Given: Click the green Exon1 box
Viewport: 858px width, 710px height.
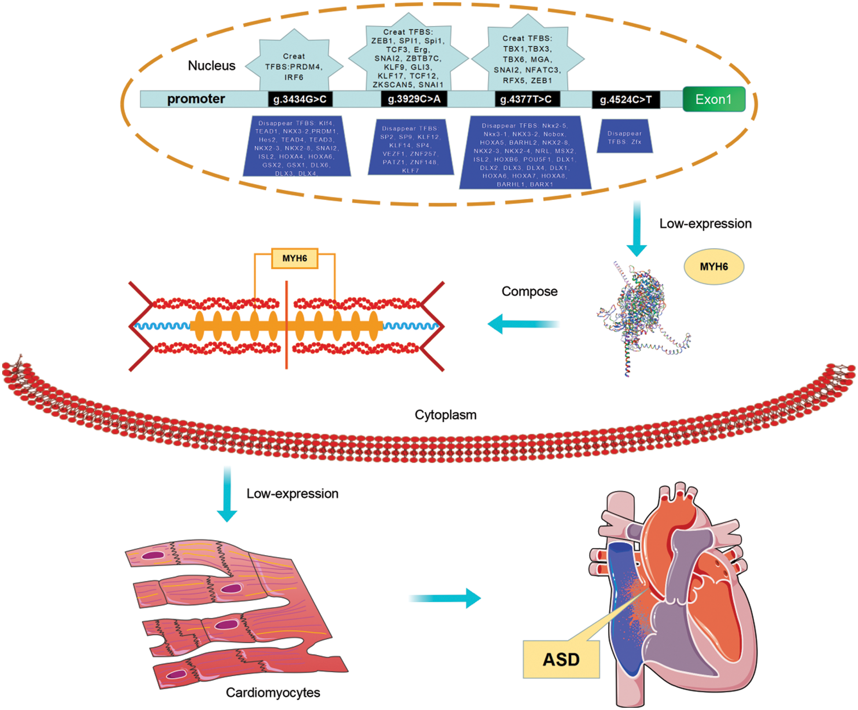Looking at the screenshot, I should (x=713, y=99).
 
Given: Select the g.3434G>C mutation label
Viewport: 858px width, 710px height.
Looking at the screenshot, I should (x=300, y=99).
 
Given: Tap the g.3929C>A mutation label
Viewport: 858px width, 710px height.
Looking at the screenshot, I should (x=414, y=99).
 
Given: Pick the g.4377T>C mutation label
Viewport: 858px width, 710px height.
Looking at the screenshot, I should (x=526, y=99).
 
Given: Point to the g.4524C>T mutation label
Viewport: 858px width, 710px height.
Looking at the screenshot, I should (x=625, y=100).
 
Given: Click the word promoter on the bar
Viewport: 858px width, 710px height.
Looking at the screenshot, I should (x=196, y=99).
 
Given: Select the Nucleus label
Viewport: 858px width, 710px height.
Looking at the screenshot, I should (x=212, y=66).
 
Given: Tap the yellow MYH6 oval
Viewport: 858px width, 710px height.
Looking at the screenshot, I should (x=714, y=267).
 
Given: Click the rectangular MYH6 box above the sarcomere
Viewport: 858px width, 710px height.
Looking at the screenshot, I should (x=294, y=258).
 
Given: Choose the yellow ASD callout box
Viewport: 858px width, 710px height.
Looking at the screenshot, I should (x=561, y=659).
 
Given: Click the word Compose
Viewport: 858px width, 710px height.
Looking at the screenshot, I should (x=529, y=291).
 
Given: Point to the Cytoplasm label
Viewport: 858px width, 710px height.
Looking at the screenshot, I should (x=445, y=415).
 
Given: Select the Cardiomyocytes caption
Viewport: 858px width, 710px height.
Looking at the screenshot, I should (x=273, y=692).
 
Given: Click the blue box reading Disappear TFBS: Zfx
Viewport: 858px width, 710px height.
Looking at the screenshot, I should (x=624, y=137).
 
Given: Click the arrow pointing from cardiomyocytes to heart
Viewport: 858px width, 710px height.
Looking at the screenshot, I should (x=444, y=598).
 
